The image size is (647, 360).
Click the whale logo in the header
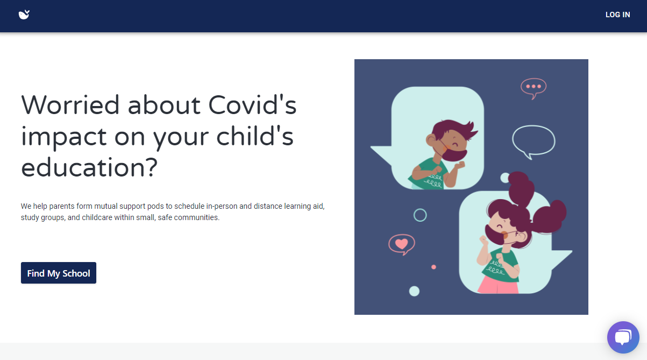tap(24, 15)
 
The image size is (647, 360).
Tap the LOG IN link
tap(617, 15)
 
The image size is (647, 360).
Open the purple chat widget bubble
tap(623, 337)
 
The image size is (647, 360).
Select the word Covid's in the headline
tap(252, 105)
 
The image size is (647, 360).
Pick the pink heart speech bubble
tap(402, 244)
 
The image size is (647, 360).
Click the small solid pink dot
tap(433, 267)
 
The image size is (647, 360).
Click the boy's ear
tap(431, 141)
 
